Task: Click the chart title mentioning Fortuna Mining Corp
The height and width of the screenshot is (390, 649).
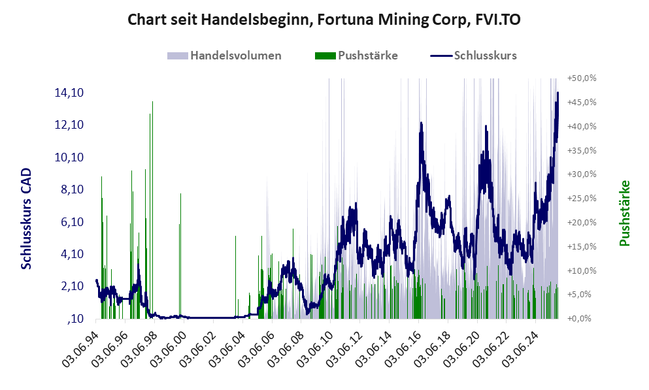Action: click(x=324, y=20)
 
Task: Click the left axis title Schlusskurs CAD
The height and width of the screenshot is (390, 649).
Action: click(x=26, y=218)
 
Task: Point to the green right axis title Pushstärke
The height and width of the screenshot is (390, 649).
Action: click(x=624, y=214)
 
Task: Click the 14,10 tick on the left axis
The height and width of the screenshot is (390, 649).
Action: click(x=69, y=93)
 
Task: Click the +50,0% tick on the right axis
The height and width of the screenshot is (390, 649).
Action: click(x=582, y=78)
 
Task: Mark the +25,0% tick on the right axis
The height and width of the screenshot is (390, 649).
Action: click(x=582, y=198)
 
